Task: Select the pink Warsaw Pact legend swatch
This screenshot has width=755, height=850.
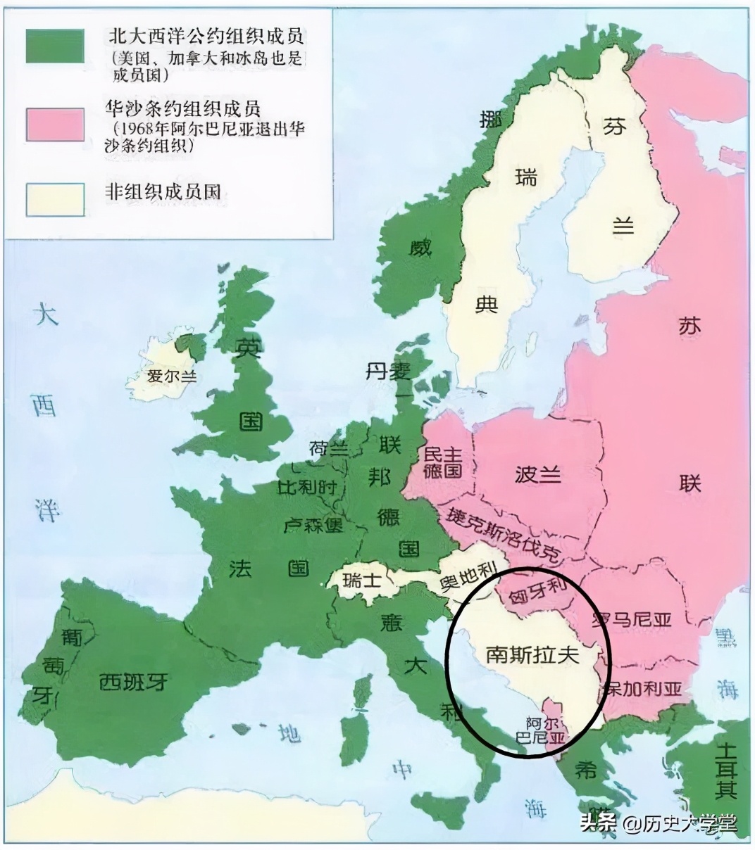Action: pyautogui.click(x=55, y=123)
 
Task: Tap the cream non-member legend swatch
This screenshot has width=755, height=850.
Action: pyautogui.click(x=55, y=200)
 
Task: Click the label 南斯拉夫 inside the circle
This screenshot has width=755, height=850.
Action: pyautogui.click(x=532, y=655)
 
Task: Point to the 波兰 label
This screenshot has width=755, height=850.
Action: pyautogui.click(x=538, y=474)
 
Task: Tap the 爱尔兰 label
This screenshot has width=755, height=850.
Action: pyautogui.click(x=172, y=376)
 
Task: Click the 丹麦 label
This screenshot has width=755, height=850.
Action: pyautogui.click(x=387, y=371)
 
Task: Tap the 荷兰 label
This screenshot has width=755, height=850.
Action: pyautogui.click(x=328, y=448)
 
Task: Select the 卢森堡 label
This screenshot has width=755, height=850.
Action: pyautogui.click(x=313, y=525)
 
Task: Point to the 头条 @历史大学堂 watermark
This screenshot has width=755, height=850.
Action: pyautogui.click(x=658, y=823)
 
